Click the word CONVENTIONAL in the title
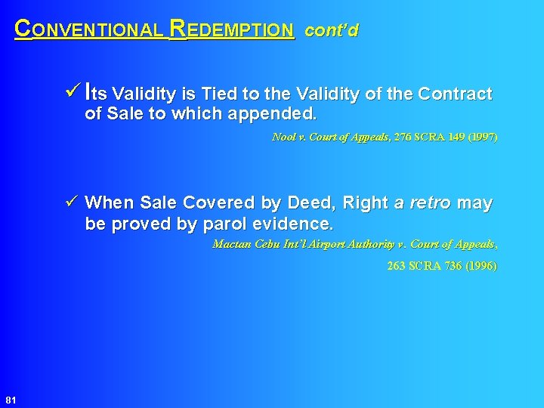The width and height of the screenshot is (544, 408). point(89,30)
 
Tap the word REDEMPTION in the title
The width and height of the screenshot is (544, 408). point(232,30)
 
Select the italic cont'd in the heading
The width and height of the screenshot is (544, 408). point(332,31)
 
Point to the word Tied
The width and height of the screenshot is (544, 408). point(219,94)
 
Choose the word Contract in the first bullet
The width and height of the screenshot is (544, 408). point(455,94)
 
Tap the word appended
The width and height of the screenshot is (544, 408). point(279,114)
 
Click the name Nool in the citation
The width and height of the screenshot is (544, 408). point(283,138)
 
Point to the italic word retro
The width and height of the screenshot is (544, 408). point(430,203)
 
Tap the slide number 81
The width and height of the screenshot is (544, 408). point(11,399)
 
